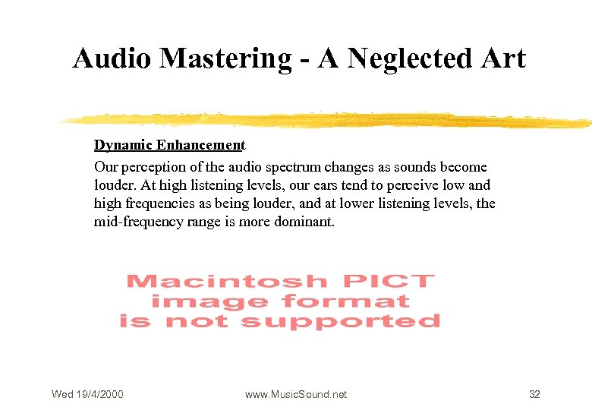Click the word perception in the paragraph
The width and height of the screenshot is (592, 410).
tap(151, 167)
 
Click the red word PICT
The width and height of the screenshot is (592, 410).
tap(389, 282)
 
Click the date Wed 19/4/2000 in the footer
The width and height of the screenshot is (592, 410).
tap(87, 394)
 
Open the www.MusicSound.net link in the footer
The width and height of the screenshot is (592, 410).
tap(296, 394)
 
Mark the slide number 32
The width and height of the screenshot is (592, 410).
tap(534, 394)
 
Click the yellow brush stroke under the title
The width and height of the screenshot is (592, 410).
tap(326, 120)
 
